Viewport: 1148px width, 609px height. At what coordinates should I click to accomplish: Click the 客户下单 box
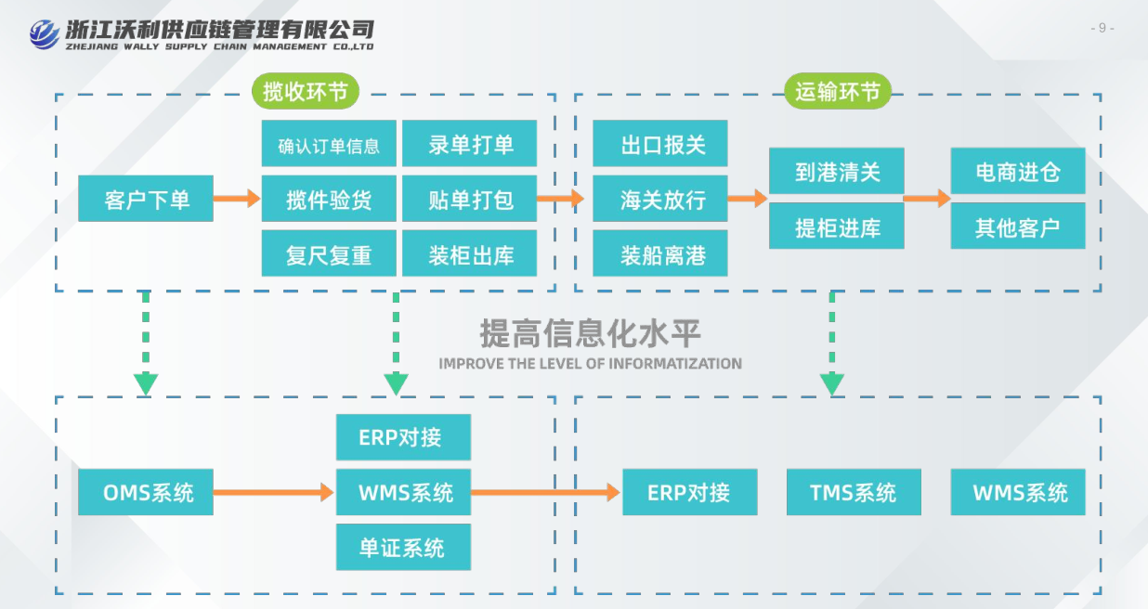[x=146, y=199]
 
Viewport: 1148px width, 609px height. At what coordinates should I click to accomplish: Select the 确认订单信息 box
[x=329, y=145]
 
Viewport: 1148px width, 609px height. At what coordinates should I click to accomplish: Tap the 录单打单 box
[x=470, y=145]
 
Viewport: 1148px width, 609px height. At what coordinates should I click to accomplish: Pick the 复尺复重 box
[x=329, y=254]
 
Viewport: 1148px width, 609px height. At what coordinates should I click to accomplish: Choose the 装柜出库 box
[x=470, y=254]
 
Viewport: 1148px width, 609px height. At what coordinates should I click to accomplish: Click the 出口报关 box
[x=660, y=145]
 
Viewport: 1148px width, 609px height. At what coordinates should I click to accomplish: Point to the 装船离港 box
[x=660, y=254]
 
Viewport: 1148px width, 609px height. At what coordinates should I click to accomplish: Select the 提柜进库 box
[x=837, y=227]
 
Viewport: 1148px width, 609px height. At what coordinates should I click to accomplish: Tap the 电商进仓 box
[x=1018, y=172]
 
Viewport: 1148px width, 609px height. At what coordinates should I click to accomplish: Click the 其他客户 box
[x=1018, y=227]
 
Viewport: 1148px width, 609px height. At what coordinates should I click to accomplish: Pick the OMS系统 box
[x=146, y=492]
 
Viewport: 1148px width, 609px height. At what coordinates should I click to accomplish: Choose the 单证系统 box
[x=403, y=547]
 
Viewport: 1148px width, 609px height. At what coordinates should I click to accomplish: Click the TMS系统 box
[x=854, y=492]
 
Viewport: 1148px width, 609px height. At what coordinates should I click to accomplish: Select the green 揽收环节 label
[x=305, y=91]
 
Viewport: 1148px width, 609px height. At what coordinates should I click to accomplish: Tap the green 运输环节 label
[x=838, y=91]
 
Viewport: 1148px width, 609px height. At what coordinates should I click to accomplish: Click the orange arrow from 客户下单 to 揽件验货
[x=237, y=198]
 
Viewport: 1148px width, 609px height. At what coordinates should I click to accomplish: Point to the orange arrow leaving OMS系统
[x=273, y=492]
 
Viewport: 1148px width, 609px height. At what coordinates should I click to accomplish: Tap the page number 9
[x=1102, y=28]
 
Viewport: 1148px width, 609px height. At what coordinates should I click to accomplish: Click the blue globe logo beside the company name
[x=43, y=33]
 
